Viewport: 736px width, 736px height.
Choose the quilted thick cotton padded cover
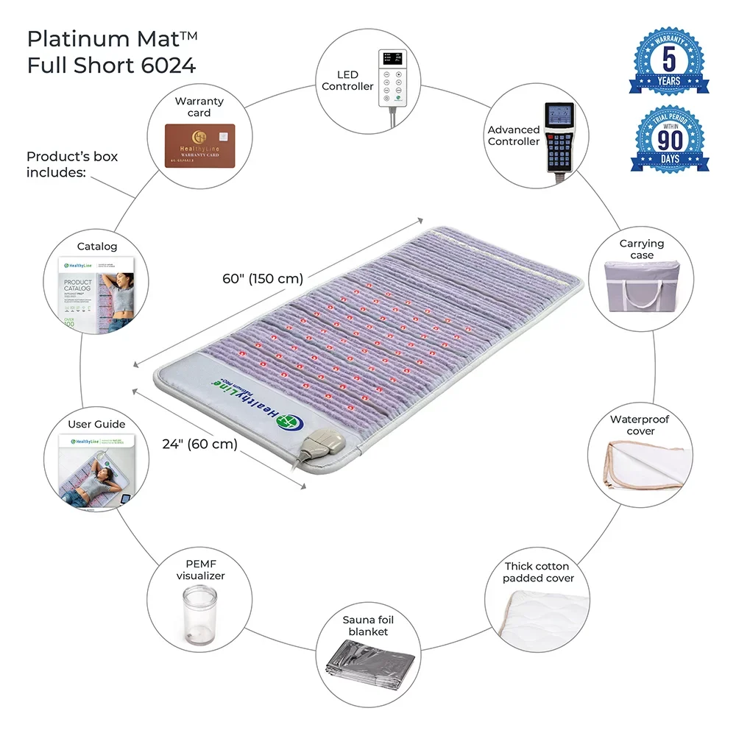click(537, 616)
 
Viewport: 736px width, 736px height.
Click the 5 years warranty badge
click(669, 61)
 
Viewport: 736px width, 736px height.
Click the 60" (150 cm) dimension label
click(263, 279)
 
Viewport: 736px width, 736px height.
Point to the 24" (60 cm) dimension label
click(199, 444)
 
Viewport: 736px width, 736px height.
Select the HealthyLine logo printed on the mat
click(236, 397)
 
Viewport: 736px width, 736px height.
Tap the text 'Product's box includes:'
click(72, 164)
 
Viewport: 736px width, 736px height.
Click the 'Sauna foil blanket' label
click(368, 626)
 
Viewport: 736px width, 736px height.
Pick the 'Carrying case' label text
click(641, 249)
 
